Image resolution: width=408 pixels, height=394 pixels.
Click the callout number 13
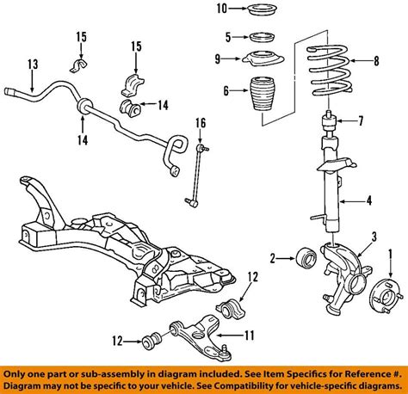pos(33,65)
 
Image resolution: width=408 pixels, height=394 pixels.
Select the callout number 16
pos(200,125)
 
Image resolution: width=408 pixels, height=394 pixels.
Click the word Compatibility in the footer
pos(257,385)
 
